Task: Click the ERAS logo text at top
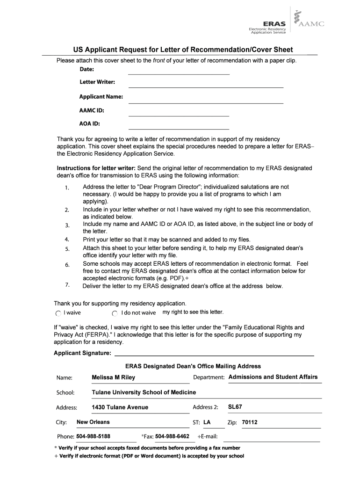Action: coord(274,23)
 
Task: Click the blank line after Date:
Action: coord(179,74)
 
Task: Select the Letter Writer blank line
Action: coord(206,87)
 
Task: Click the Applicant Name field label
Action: coord(101,97)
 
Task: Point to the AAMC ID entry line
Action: coord(179,115)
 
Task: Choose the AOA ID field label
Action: coord(89,124)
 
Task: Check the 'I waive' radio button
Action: coord(58,313)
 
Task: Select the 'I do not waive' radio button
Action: coord(115,313)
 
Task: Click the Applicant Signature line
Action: coord(214,355)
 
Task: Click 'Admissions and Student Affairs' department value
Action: coord(273,377)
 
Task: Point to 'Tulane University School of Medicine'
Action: coord(144,392)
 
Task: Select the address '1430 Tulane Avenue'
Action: coord(120,407)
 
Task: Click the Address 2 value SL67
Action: coord(235,407)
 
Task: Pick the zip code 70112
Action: coord(250,422)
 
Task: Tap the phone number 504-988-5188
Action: coord(94,436)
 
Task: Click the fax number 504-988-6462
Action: coord(172,436)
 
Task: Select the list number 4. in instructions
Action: coord(67,239)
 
